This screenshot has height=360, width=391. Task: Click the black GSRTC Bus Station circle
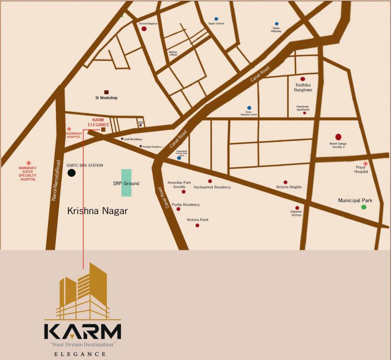(x=71, y=173)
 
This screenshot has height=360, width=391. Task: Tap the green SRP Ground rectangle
(x=126, y=183)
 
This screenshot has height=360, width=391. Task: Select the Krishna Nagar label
(x=98, y=211)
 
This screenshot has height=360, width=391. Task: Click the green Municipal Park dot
(x=364, y=207)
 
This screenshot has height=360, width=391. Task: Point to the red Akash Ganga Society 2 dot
(x=338, y=137)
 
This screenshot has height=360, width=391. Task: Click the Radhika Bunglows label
(x=303, y=87)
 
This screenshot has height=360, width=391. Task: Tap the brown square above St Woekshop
(x=106, y=92)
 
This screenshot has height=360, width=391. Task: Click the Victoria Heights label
(x=289, y=187)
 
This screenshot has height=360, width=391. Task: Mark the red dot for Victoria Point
(x=197, y=225)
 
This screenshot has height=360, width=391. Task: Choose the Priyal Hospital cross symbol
(x=365, y=163)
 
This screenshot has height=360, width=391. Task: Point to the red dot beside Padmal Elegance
(x=144, y=29)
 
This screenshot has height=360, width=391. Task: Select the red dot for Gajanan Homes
(x=297, y=208)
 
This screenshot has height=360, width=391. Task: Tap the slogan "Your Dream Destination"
(x=83, y=345)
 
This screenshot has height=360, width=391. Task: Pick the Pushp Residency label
(x=186, y=205)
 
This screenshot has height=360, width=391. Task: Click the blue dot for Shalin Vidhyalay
(x=277, y=23)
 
